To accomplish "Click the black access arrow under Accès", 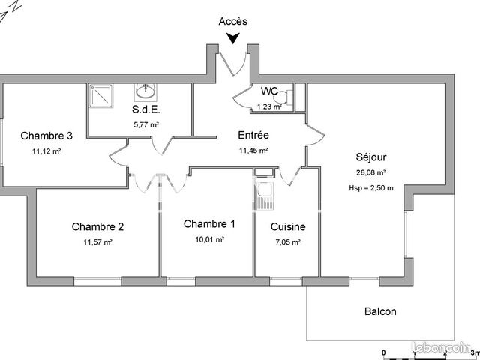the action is [x=233, y=38].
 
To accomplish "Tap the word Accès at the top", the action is [x=233, y=22].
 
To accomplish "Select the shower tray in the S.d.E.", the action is [x=101, y=96].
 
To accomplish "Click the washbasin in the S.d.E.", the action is [x=145, y=91].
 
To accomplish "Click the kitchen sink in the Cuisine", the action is [x=264, y=196].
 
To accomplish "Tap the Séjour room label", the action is [x=371, y=157].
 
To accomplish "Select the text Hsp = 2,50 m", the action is [x=371, y=188].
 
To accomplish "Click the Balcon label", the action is [x=380, y=311].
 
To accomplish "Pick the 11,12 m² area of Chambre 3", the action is [x=46, y=151].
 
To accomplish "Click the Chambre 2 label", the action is [x=97, y=226].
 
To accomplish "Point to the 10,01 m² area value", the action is [x=210, y=239].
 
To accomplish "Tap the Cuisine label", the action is [x=288, y=226].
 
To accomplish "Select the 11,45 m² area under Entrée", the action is [x=253, y=151].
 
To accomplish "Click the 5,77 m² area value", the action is [x=146, y=125].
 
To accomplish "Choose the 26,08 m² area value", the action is [x=370, y=172].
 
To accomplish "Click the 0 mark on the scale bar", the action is [x=384, y=352].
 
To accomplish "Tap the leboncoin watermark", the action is [x=442, y=347].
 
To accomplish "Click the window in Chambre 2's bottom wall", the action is [x=97, y=281].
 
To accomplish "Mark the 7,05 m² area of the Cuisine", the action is [x=288, y=242].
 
